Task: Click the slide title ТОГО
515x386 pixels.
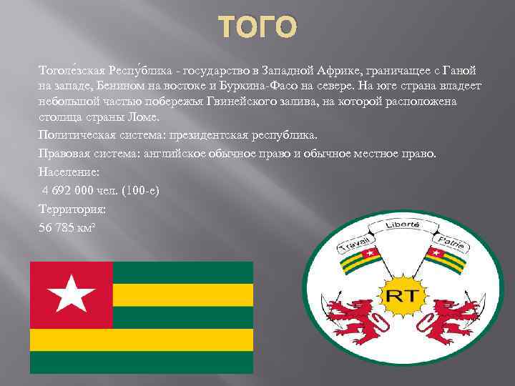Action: pyautogui.click(x=257, y=28)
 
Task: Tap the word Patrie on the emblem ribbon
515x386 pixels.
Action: pyautogui.click(x=451, y=240)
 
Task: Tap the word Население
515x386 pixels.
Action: pyautogui.click(x=69, y=172)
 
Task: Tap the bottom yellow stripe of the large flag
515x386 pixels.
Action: pyautogui.click(x=141, y=340)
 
